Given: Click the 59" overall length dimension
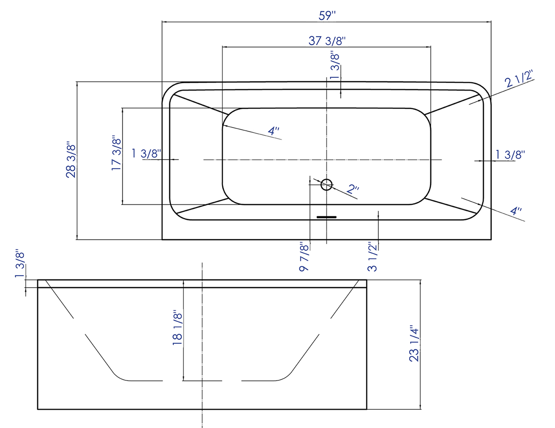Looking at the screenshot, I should click(x=327, y=15).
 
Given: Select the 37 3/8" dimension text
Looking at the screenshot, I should click(x=327, y=40).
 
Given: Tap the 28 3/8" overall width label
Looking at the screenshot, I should click(x=71, y=160).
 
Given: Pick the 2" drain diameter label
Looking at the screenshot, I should click(x=353, y=189).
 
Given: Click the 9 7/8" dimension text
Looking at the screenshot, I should click(x=304, y=257).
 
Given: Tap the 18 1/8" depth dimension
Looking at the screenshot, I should click(x=177, y=328).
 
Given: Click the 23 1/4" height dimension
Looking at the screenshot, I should click(x=414, y=343).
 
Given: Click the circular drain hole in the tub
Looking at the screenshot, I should click(x=326, y=184).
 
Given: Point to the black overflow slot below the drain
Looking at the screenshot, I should click(x=326, y=217).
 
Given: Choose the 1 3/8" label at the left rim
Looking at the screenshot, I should click(x=146, y=154).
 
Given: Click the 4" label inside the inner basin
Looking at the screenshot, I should click(x=273, y=131).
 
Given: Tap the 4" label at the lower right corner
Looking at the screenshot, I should click(x=516, y=211).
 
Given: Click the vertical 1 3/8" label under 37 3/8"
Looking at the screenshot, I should click(x=335, y=67).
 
